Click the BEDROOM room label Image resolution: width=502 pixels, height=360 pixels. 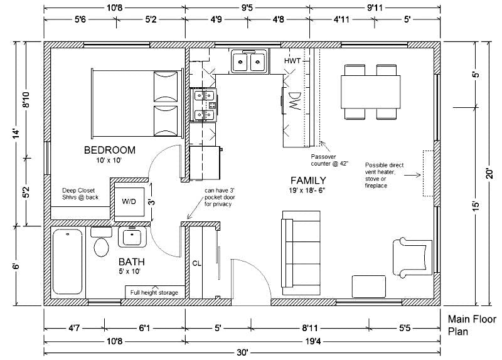coord(109,150)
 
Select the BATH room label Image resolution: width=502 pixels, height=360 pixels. coord(132,262)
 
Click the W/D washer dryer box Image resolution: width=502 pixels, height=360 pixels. coord(129,201)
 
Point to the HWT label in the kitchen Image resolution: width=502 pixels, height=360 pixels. coord(292,60)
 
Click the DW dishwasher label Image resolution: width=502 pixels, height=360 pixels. coord(295,101)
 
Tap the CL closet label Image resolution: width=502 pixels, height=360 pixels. coord(196,263)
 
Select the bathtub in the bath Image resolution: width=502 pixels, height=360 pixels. coord(68,262)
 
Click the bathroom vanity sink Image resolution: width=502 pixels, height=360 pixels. coord(132,237)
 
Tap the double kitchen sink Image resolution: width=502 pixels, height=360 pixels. coord(249,61)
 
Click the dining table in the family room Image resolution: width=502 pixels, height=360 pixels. coord(370,92)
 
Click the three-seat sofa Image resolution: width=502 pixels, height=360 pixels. coord(301,253)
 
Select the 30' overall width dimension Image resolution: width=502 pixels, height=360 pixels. coord(242,352)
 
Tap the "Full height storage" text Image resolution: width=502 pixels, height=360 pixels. coord(154,292)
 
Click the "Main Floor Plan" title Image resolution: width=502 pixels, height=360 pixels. coord(472,325)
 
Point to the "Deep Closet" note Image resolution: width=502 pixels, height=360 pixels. coord(78,191)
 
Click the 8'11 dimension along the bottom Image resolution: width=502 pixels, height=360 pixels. coord(309,328)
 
